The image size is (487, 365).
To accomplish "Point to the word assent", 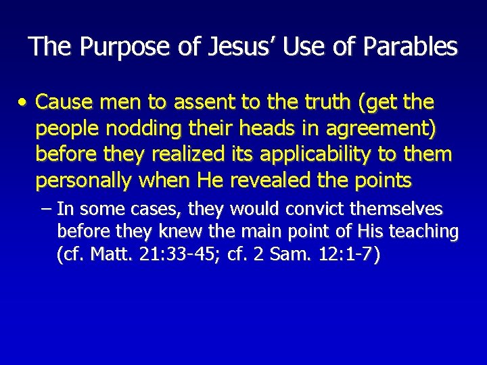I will tap(202, 103).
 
